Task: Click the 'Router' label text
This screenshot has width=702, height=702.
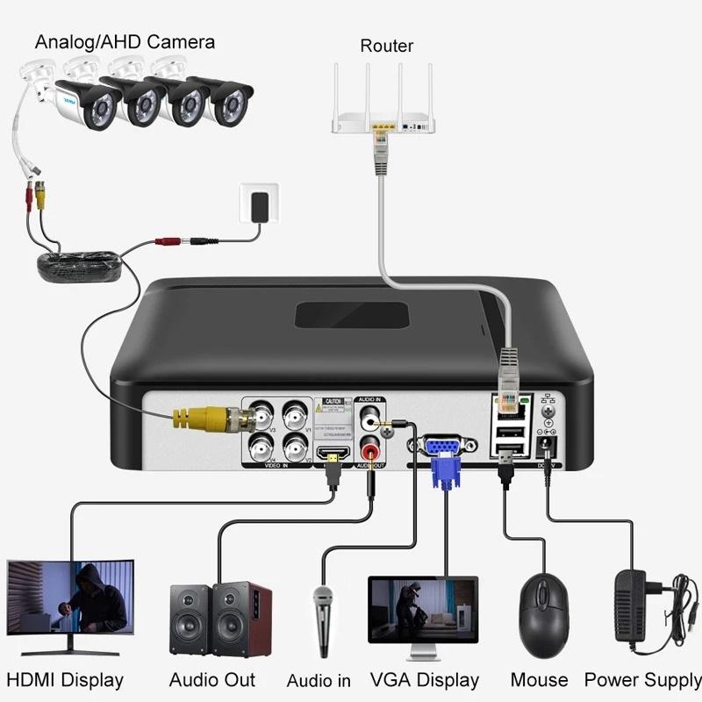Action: coord(386,46)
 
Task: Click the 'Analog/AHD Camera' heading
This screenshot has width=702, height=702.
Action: coord(125,40)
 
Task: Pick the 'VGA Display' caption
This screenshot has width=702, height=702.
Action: coord(425,679)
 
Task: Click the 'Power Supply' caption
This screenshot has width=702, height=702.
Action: coord(643,679)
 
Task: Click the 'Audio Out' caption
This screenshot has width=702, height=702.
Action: coord(212,679)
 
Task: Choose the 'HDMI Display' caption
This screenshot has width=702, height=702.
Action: coord(65,679)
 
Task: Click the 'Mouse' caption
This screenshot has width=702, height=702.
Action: coord(540,679)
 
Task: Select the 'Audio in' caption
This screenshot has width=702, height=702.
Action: coord(319,680)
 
